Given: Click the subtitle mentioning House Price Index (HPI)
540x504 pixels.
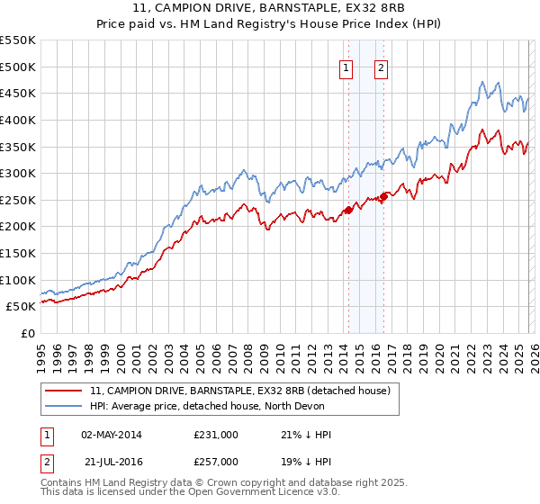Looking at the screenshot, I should click(x=270, y=25).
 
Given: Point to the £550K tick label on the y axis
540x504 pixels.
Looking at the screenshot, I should click(x=18, y=40).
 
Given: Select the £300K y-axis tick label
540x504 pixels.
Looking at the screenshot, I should click(x=18, y=173).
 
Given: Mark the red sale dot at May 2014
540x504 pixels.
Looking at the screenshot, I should click(x=347, y=211).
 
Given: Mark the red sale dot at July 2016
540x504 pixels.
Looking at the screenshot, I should click(x=382, y=197).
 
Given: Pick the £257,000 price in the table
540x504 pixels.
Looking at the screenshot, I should click(x=216, y=461).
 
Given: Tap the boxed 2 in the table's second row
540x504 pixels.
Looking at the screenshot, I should click(x=46, y=461).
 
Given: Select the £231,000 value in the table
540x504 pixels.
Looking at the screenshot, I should click(x=216, y=435).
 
